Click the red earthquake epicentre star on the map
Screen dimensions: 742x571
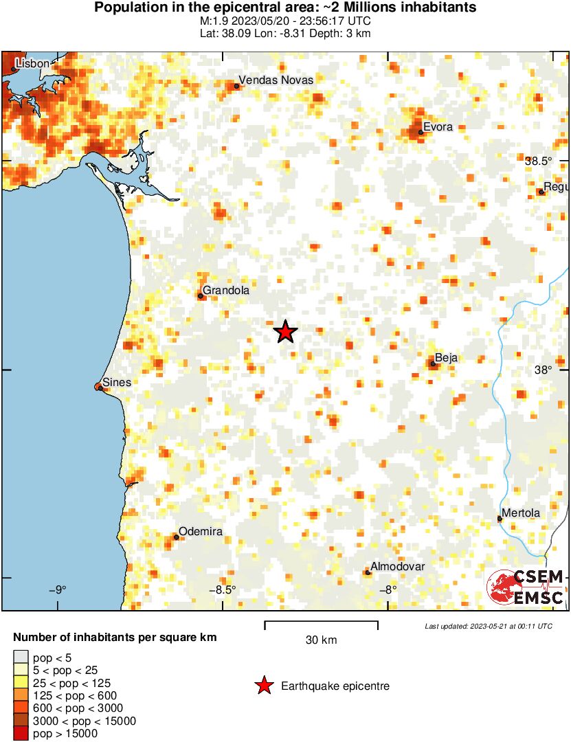pos(285,332)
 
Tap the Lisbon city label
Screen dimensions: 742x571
pos(32,63)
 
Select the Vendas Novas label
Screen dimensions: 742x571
pos(276,80)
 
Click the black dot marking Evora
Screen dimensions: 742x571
pos(421,133)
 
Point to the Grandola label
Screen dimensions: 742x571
pos(225,290)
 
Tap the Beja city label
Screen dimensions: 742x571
pos(446,357)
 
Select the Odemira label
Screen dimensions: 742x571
pos(200,532)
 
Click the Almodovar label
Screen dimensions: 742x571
pos(398,566)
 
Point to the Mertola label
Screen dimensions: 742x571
pos(521,513)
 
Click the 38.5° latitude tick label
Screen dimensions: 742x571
pos(538,161)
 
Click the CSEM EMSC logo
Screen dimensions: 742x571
pos(526,587)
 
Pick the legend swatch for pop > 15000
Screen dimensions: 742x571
pos(21,734)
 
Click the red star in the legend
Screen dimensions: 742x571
pos(263,686)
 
